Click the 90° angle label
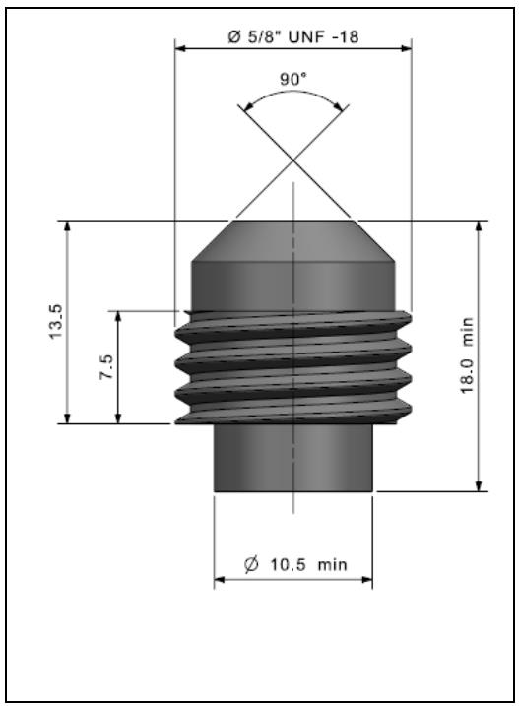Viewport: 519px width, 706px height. pyautogui.click(x=292, y=79)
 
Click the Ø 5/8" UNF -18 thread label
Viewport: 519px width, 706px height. pyautogui.click(x=293, y=36)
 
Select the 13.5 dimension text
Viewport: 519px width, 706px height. pyautogui.click(x=58, y=322)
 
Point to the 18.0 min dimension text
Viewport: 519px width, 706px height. pyautogui.click(x=467, y=355)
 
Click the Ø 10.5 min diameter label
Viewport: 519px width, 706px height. pyautogui.click(x=295, y=564)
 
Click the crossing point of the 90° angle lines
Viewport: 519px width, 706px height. pyautogui.click(x=293, y=160)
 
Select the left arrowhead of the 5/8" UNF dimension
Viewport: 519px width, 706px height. pyautogui.click(x=180, y=48)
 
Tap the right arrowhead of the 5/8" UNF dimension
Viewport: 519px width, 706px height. pyautogui.click(x=406, y=48)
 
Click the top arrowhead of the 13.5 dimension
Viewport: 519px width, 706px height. pyautogui.click(x=67, y=226)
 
